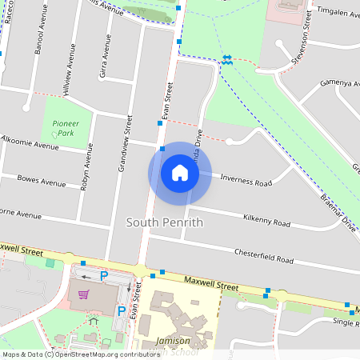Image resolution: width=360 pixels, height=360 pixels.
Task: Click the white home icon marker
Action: [x=180, y=173]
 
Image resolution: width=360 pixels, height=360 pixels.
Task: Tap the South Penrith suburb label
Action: [x=165, y=222]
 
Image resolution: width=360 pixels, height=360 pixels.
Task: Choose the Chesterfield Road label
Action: [x=264, y=256]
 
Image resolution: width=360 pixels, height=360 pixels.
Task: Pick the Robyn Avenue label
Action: [x=86, y=169]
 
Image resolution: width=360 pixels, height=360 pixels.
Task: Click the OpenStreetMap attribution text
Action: [x=81, y=354]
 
